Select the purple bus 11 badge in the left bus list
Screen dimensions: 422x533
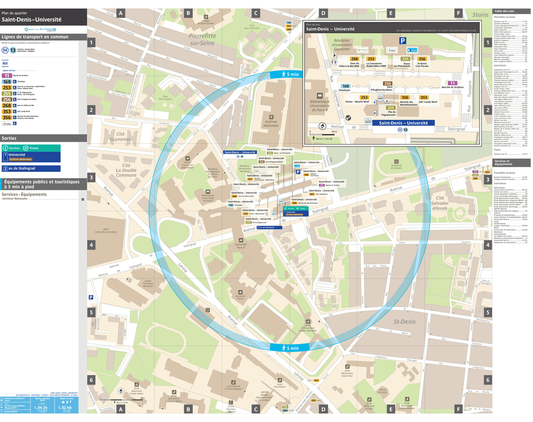[x=7, y=75]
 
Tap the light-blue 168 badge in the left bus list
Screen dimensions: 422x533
[x=7, y=81]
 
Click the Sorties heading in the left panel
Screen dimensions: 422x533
[x=10, y=138]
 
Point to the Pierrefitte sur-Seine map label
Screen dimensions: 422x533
[x=202, y=39]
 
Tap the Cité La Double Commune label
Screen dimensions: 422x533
[x=126, y=170]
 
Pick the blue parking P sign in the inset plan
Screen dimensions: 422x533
[x=403, y=41]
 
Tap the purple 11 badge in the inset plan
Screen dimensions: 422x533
[x=452, y=83]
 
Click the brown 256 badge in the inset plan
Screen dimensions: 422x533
[x=388, y=83]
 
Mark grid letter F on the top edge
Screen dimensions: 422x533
[x=458, y=12]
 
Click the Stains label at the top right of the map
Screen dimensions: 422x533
[x=480, y=15]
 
